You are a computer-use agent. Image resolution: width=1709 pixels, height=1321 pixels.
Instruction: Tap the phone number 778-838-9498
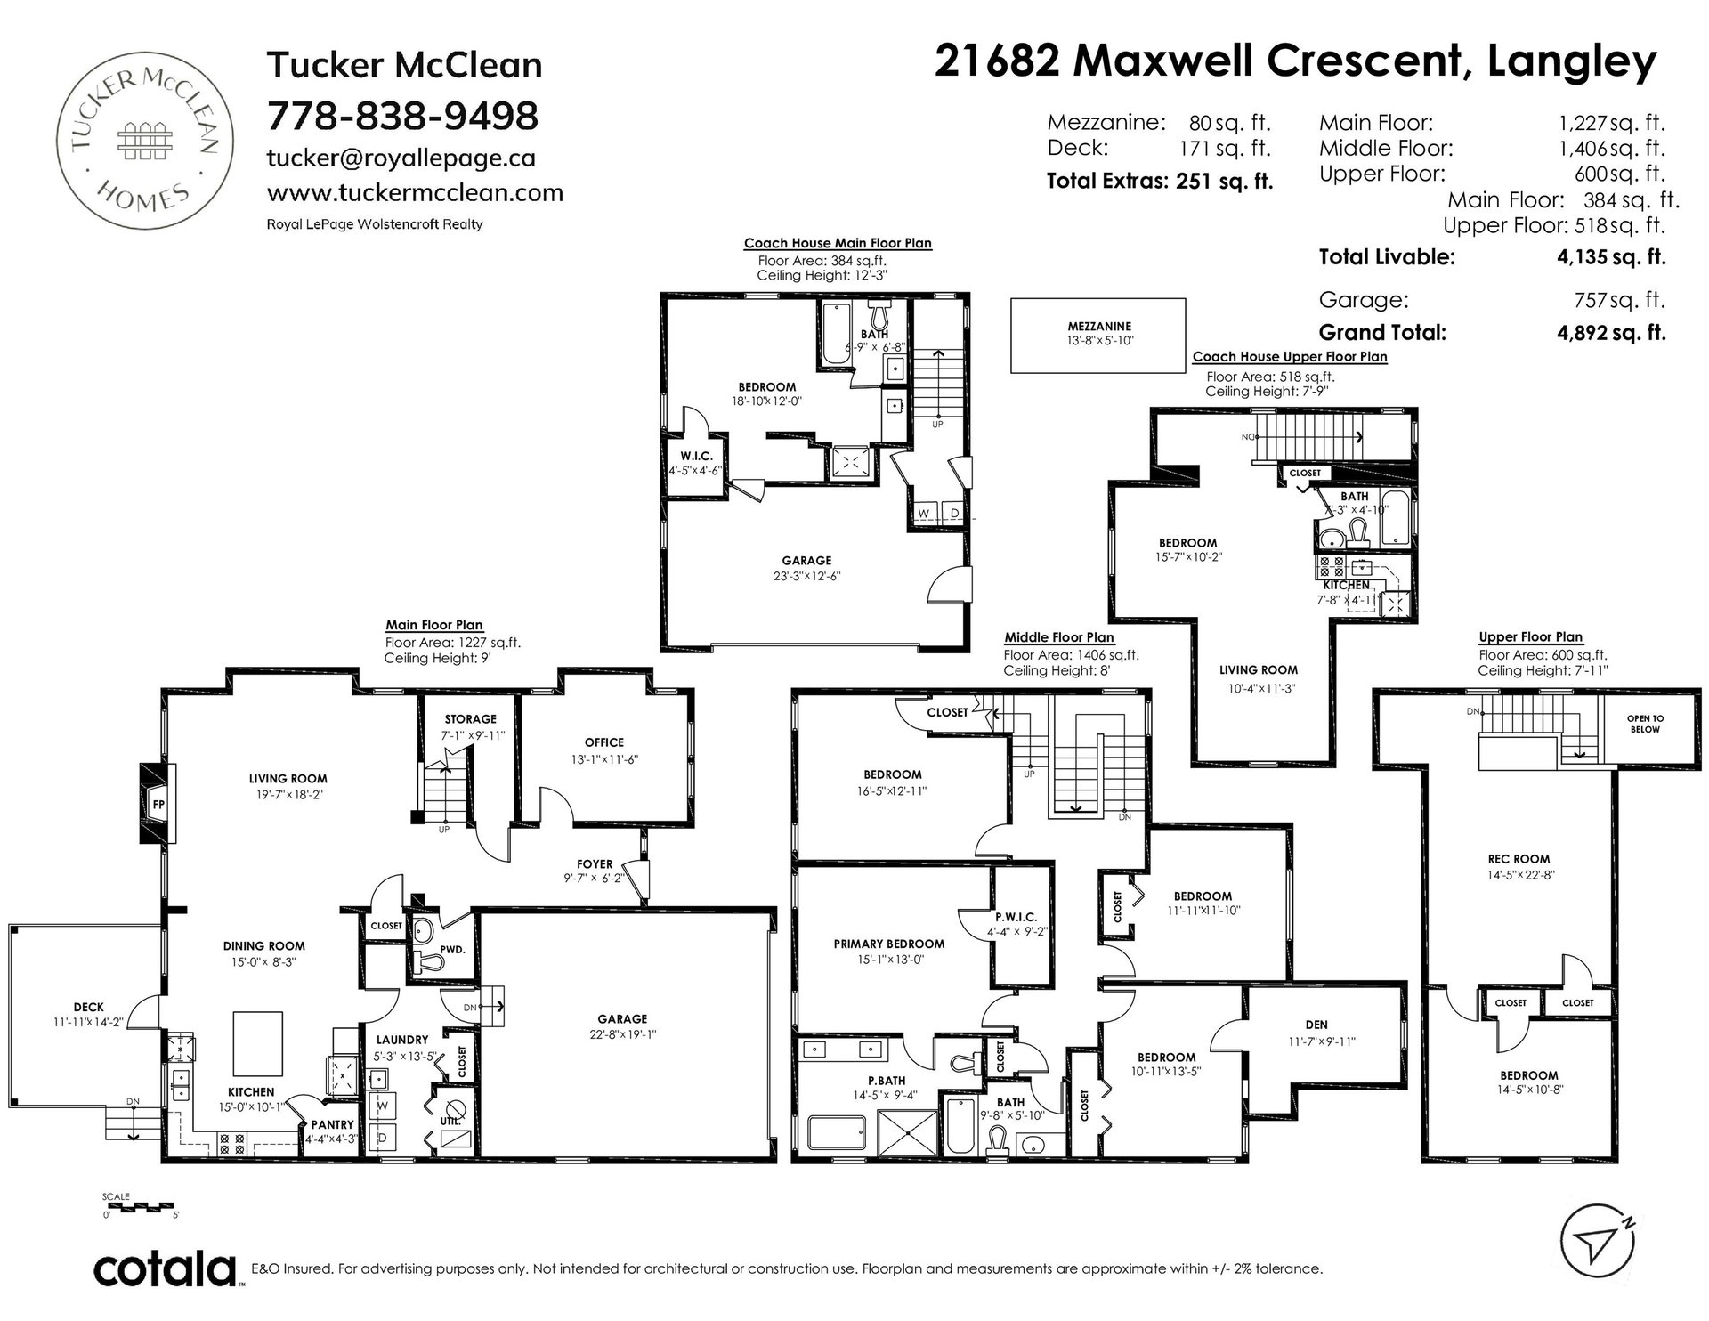pos(403,115)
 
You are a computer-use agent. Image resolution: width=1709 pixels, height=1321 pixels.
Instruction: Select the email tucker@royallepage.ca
pos(401,158)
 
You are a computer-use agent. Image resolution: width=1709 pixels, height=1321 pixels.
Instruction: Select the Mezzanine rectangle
pos(1098,335)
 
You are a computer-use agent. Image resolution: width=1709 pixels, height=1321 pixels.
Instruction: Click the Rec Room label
pos(1519,859)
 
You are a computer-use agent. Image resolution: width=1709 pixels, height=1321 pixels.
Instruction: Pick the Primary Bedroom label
pos(888,944)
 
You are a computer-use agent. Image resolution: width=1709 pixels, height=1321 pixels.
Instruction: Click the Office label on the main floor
pos(604,742)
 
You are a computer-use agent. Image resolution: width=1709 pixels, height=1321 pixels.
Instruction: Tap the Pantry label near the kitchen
pos(332,1125)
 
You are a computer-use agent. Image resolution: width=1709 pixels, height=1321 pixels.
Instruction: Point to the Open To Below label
pos(1645,724)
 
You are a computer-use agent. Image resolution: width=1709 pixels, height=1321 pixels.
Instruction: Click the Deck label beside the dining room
pos(88,1007)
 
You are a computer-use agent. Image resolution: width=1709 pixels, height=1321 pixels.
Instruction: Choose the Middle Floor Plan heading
pos(1059,637)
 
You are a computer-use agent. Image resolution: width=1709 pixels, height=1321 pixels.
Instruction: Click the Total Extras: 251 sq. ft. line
pos(1160,182)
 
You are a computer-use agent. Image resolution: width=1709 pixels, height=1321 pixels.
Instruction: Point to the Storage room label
pos(470,719)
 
